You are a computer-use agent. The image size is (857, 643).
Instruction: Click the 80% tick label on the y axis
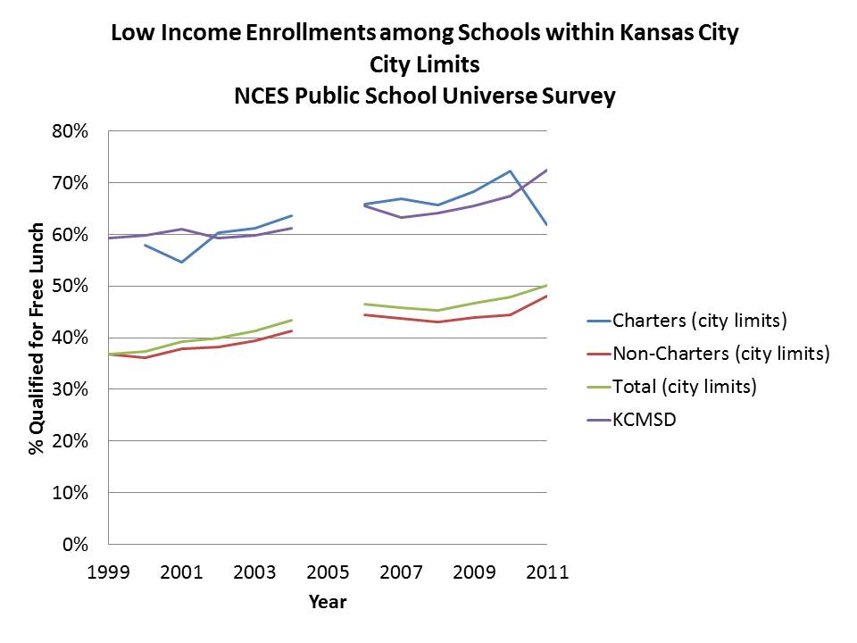point(70,131)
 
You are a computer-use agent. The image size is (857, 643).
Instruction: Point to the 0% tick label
point(74,544)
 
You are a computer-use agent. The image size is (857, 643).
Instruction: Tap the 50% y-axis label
point(70,286)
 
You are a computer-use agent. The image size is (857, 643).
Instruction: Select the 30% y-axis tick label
point(70,389)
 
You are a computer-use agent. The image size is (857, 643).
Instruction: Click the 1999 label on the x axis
point(108,572)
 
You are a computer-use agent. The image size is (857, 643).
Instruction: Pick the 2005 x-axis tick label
point(328,572)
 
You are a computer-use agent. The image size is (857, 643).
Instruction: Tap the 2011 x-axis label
point(546,572)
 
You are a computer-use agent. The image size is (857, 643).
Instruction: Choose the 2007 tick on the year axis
point(401,572)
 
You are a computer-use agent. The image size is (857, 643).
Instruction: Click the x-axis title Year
point(328,602)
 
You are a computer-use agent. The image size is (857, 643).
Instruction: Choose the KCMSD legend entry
point(645,420)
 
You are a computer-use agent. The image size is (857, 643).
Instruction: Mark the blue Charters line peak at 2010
point(510,171)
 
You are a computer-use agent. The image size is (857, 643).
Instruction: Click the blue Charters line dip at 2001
point(181,262)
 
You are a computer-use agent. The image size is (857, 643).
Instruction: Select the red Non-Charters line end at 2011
point(546,296)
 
